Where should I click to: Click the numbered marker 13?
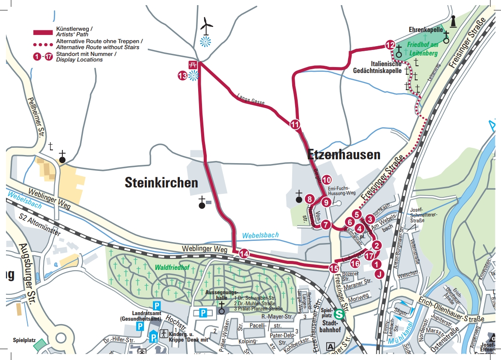coord(182,76)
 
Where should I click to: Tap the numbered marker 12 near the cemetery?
coord(390,45)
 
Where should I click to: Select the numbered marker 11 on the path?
coord(295,125)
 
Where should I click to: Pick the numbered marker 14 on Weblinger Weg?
coord(244,254)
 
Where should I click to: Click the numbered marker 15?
coord(334,268)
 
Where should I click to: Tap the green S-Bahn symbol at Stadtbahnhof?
coord(339,314)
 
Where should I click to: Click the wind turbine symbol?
coord(206,27)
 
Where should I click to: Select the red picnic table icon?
coord(193,65)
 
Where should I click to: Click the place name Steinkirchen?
coord(161,183)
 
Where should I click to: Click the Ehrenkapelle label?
coord(425,30)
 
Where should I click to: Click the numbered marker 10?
coord(327,180)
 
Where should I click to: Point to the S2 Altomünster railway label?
coord(41,225)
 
